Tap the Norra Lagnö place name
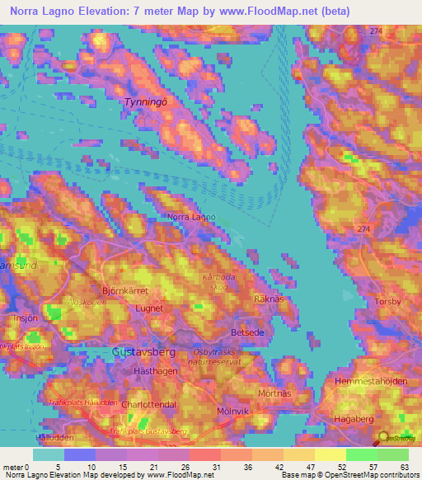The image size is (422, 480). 191,218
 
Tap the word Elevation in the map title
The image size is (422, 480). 104,12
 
